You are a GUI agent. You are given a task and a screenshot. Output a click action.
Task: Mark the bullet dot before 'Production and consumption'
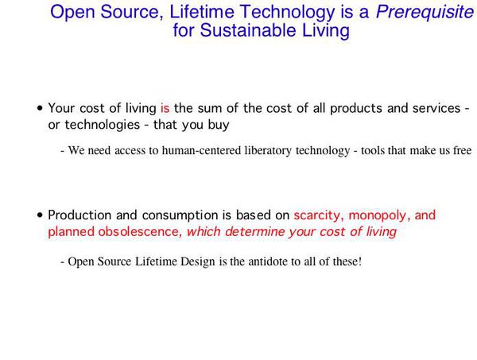(40, 215)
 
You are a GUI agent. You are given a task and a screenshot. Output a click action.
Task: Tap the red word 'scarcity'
(318, 215)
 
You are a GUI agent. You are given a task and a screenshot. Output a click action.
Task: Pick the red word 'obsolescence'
(144, 232)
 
